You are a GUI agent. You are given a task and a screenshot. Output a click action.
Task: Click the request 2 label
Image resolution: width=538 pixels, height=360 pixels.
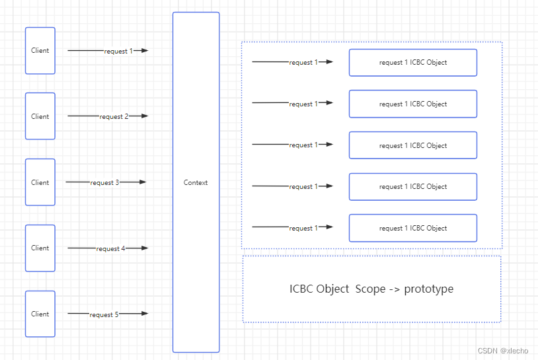[x=114, y=116]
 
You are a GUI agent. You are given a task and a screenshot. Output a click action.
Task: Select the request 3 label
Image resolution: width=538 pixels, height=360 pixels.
[x=104, y=183]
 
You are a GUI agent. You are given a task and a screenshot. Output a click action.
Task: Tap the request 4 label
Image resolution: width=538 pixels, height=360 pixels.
[x=110, y=248]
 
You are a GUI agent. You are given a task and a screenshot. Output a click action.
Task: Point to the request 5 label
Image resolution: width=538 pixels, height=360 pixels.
[x=104, y=314]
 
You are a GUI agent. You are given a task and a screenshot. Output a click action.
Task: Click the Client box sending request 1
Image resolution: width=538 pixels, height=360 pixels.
[x=40, y=51]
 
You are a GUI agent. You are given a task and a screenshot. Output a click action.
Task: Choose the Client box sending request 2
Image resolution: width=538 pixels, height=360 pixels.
[x=40, y=116]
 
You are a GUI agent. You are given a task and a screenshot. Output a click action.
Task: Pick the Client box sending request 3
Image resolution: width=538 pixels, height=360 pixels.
[x=40, y=182]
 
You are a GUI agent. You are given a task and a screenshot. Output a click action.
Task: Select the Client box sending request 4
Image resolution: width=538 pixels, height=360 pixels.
[x=40, y=248]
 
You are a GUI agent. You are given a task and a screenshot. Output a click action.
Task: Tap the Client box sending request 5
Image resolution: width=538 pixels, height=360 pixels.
[x=40, y=314]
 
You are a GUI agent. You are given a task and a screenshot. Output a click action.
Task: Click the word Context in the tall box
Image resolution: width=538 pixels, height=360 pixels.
[x=196, y=182]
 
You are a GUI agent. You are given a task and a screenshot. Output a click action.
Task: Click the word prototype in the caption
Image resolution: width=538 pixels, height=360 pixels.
[x=428, y=289]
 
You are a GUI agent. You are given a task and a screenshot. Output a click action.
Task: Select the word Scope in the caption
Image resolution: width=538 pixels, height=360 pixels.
[x=370, y=289]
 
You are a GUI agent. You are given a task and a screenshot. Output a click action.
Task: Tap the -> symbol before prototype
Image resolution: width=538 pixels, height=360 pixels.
[x=395, y=289]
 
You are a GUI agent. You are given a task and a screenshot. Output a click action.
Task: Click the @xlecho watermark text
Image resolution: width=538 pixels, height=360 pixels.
[x=514, y=351]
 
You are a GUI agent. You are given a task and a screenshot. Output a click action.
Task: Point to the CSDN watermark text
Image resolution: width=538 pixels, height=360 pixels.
[x=488, y=351]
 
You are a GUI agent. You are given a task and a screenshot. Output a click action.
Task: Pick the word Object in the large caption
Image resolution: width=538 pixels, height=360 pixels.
[x=332, y=289]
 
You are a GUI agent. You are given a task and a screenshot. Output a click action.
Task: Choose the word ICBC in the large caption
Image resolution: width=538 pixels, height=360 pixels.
[x=301, y=289]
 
